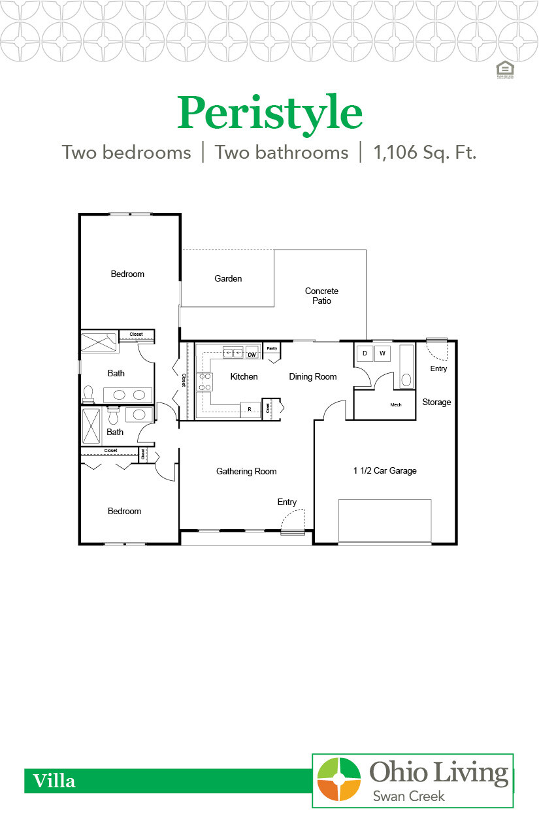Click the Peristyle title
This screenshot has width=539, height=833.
click(269, 113)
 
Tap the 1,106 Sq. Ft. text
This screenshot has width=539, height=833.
click(425, 153)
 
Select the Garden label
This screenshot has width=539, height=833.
click(228, 279)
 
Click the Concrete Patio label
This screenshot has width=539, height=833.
click(321, 296)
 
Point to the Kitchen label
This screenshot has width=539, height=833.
click(244, 377)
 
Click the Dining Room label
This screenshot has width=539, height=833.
click(313, 377)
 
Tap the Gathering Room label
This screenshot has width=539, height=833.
click(246, 472)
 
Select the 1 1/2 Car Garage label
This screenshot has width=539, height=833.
click(385, 471)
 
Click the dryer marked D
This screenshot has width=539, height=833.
click(364, 353)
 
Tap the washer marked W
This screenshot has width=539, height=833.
click(382, 353)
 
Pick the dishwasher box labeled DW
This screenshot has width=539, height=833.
click(252, 354)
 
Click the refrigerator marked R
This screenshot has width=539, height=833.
click(250, 408)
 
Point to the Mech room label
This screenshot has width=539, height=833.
click(396, 405)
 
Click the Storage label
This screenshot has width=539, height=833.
click(436, 402)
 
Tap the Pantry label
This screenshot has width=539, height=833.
click(272, 348)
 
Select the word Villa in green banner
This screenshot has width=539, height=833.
click(54, 781)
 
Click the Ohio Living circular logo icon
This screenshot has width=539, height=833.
click(338, 779)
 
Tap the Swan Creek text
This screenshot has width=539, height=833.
click(408, 796)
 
